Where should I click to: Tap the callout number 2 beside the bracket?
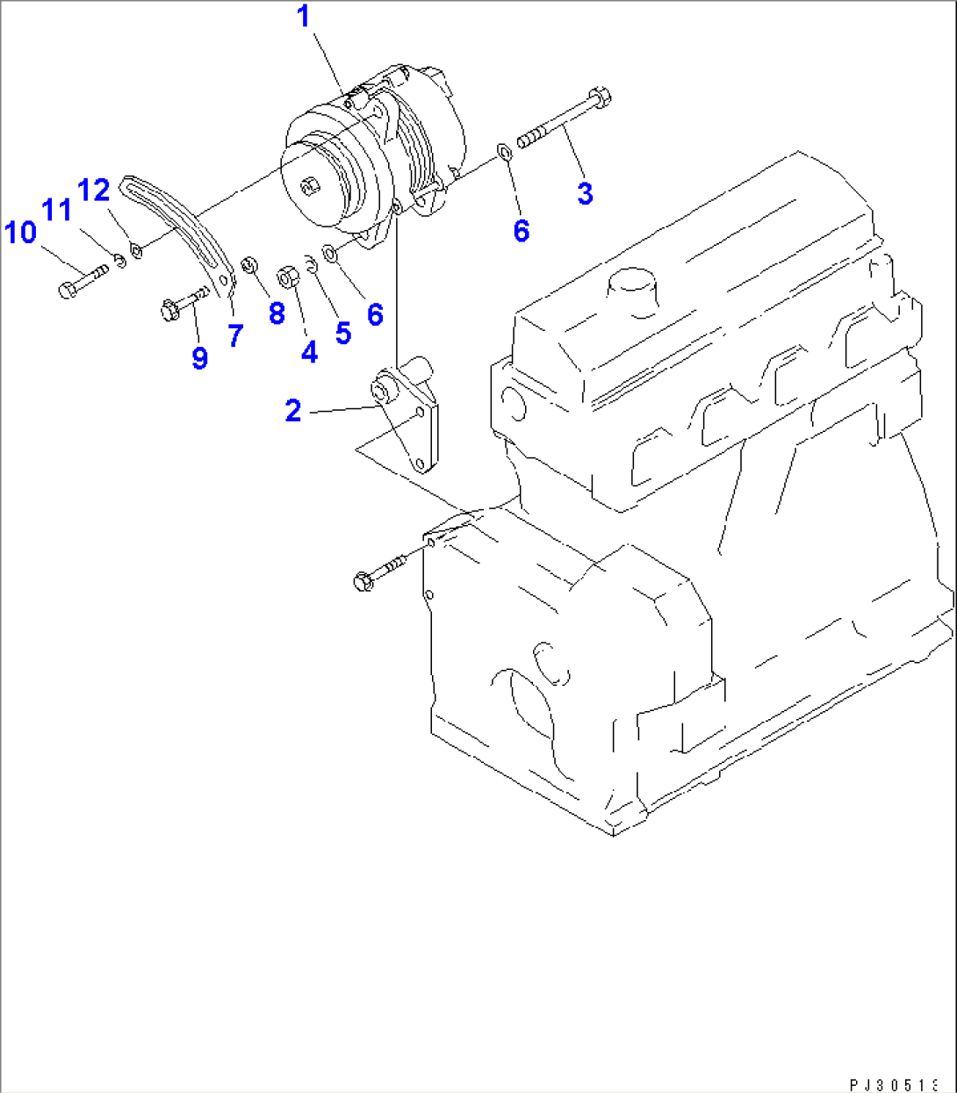[x=293, y=410]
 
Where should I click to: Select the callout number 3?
[x=585, y=193]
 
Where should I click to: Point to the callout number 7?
[x=235, y=335]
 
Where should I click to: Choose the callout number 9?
[x=199, y=357]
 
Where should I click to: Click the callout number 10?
[x=20, y=233]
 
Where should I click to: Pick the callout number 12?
[x=94, y=190]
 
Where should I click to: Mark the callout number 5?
[x=342, y=333]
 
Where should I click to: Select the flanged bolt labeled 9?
[x=183, y=303]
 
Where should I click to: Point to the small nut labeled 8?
[x=248, y=263]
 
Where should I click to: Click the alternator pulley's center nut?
[x=309, y=185]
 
